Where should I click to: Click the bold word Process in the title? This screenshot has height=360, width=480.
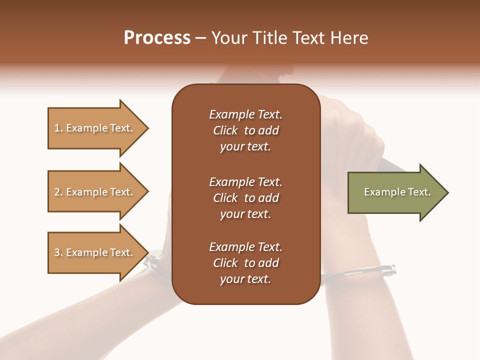157,38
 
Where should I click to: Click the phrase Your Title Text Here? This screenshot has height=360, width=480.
289,38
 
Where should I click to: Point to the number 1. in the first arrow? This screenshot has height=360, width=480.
58,128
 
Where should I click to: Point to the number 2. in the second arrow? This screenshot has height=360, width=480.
58,192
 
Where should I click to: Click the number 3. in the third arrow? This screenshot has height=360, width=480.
58,252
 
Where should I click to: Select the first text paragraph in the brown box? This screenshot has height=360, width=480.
245,130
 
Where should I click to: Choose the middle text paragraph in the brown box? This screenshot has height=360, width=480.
245,198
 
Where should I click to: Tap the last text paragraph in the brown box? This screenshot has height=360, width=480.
245,263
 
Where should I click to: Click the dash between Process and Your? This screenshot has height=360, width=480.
200,38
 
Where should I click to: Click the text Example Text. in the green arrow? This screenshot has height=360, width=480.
397,192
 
